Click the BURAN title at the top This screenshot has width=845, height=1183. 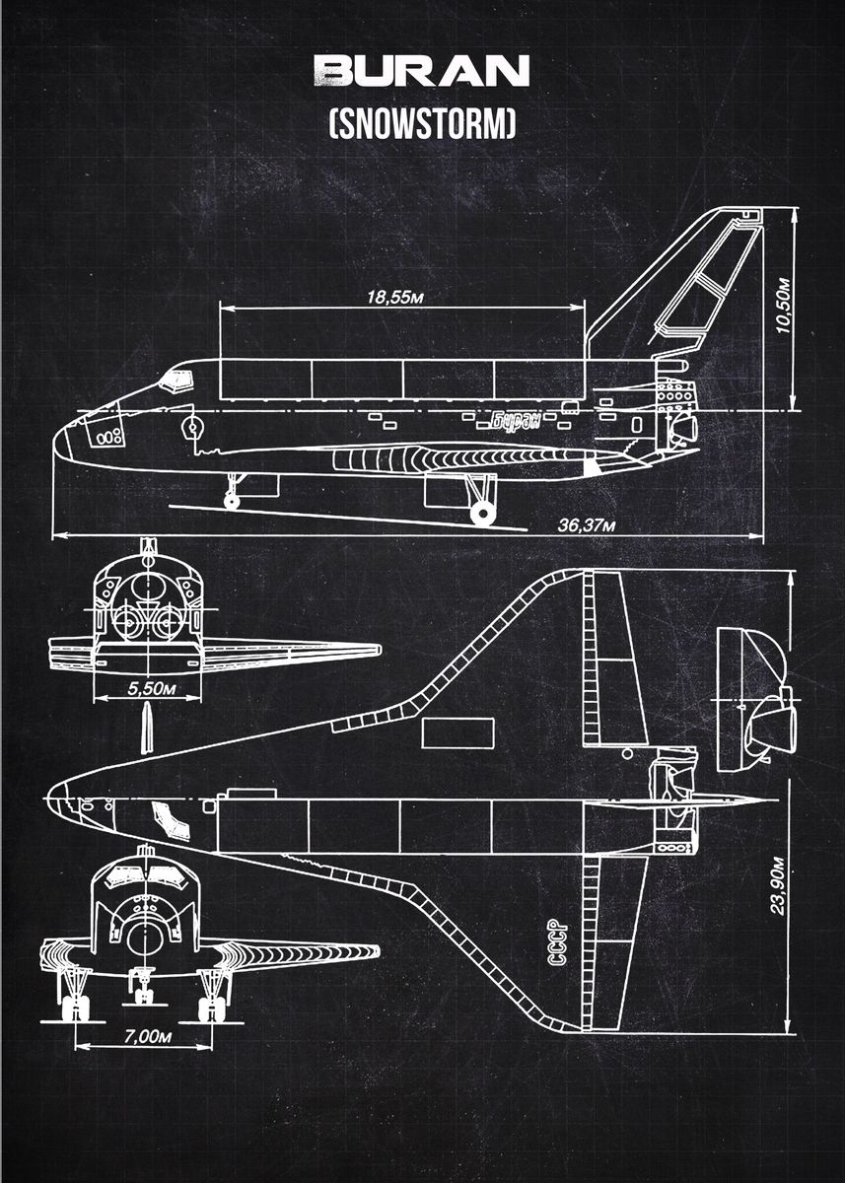click(421, 70)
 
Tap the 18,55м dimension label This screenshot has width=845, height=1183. click(395, 298)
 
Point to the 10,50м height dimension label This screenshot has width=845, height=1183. click(783, 306)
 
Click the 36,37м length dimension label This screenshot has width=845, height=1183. click(587, 525)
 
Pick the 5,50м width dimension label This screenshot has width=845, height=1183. click(152, 688)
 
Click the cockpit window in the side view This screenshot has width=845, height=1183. click(176, 381)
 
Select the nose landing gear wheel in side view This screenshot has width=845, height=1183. click(232, 500)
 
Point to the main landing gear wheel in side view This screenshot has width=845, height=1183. click(483, 514)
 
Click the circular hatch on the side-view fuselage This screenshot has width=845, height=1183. click(193, 427)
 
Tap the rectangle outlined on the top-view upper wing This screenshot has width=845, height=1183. click(458, 732)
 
